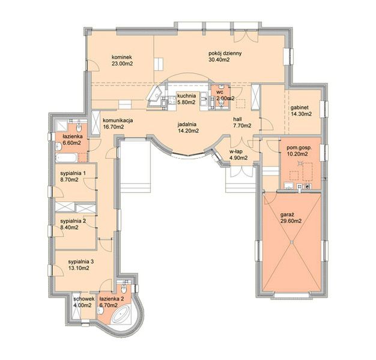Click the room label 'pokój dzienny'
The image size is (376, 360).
pos(225,53)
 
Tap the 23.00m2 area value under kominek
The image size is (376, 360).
pos(123,64)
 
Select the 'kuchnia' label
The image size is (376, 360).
pos(187,96)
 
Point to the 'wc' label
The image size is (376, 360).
pos(220,93)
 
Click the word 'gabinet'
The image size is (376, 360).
pos(300,108)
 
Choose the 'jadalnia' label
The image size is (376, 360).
pos(187,124)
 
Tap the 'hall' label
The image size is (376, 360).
pos(237,119)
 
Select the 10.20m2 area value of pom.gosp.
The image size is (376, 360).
pos(297,154)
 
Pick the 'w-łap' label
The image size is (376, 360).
pos(236,151)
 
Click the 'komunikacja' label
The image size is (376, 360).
pos(118,120)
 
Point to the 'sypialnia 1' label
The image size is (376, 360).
pos(73,173)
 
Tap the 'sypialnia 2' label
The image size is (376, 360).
pos(73,221)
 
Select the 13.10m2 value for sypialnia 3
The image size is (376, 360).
pos(79,268)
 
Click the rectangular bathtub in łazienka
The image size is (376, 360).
pos(66,158)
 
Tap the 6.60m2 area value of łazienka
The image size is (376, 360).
pos(71,143)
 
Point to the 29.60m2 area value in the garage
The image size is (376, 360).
pos(291,221)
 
